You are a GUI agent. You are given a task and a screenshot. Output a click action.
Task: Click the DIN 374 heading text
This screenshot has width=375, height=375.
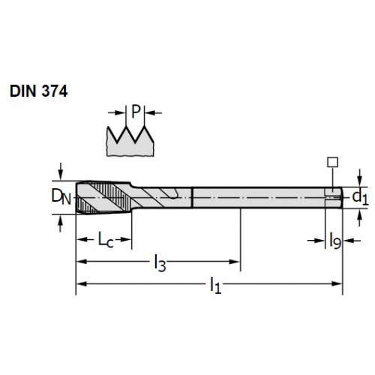point(39,91)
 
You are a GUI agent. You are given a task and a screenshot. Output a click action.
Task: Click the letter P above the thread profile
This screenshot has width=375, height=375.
point(136,112)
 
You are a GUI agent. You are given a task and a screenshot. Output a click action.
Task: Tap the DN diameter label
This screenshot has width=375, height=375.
point(61,196)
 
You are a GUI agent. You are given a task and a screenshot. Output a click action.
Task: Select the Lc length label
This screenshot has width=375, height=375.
point(106,240)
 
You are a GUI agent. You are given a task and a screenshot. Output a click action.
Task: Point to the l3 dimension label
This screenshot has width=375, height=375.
point(160,262)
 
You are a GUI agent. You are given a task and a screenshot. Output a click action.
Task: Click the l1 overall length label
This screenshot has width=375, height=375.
point(215,285)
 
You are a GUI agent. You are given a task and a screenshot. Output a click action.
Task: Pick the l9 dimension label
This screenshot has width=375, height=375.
point(334,241)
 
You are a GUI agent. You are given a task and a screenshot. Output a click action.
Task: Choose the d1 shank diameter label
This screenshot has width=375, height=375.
point(360,197)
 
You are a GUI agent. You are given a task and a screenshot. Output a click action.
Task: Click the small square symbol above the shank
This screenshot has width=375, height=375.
point(333,162)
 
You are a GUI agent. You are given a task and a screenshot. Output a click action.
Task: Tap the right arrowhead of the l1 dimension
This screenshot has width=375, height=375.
point(337,283)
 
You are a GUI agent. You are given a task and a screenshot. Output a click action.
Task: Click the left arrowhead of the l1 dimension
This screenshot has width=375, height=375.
point(82,283)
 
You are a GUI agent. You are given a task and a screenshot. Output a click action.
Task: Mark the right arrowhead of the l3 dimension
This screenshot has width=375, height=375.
point(235,262)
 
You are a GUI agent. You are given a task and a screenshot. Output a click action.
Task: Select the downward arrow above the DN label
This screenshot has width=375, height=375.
point(60,171)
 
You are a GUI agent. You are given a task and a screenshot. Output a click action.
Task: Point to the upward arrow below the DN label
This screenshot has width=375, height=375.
point(60,223)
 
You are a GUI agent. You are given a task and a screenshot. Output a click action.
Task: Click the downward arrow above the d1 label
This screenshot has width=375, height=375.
point(359,178)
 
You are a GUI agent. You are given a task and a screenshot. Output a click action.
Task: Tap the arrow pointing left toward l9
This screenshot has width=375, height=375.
point(352,241)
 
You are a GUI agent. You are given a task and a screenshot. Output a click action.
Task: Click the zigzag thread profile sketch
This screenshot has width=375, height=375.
point(130,141)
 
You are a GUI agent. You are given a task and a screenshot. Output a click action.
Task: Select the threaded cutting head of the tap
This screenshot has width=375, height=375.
point(103,197)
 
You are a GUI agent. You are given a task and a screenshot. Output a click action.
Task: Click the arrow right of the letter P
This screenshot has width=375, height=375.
point(154,113)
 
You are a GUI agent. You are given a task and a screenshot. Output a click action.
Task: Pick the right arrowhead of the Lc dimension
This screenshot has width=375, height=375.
point(126,239)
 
